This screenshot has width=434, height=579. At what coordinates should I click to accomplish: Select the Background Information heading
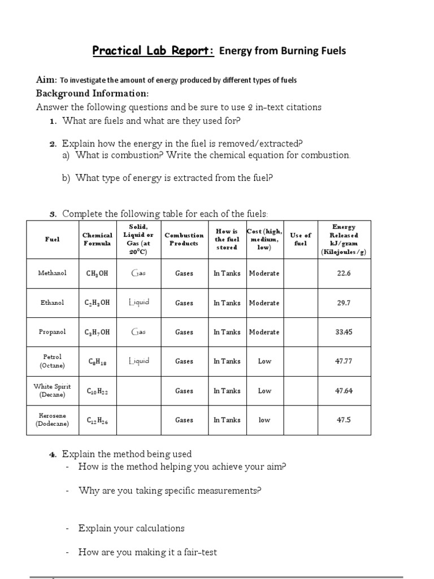coord(93,93)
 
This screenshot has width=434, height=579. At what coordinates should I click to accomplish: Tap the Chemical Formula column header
coord(97,239)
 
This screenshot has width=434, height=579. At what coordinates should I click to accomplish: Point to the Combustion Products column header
coord(184,239)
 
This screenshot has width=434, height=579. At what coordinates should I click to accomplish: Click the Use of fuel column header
coord(300,239)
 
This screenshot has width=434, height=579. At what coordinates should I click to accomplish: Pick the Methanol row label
coord(52,273)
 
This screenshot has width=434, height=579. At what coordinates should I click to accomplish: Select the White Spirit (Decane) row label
coord(52,391)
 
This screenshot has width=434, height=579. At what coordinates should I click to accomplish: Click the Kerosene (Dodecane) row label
coord(52,420)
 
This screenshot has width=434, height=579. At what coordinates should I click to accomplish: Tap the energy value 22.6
coord(344,273)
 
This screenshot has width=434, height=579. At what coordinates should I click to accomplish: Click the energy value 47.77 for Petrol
coord(344,361)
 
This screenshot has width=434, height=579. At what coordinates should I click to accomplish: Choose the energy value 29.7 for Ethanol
coord(344,303)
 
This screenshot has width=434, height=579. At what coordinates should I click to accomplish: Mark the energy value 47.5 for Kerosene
coord(344,420)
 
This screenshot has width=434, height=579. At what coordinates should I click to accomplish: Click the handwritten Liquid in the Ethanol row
coord(138,303)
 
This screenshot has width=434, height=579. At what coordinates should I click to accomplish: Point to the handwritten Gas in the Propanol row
coord(138,332)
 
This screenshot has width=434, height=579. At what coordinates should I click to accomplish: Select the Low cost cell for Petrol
coord(264,361)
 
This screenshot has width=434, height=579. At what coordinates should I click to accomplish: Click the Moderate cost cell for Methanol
coord(264,273)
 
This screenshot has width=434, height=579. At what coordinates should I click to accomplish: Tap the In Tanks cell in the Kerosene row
coord(227,420)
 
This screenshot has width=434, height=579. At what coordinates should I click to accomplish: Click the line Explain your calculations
coord(131,528)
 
